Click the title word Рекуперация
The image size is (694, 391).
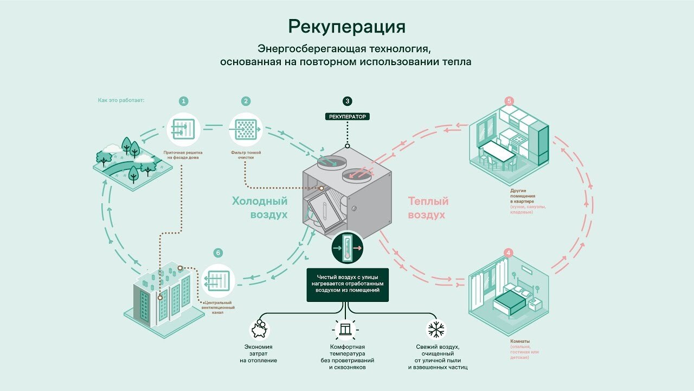click(x=346, y=27)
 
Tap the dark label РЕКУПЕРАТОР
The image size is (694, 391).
click(x=348, y=117)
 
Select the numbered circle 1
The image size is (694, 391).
click(x=184, y=101)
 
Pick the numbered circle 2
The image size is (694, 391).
click(x=246, y=101)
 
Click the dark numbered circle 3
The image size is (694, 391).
click(x=348, y=101)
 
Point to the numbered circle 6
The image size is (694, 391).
click(x=218, y=253)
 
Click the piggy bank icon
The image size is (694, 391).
click(x=259, y=330)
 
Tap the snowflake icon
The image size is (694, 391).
click(x=436, y=329)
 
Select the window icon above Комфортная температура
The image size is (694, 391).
click(x=345, y=329)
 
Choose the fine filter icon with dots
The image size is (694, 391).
click(x=246, y=129)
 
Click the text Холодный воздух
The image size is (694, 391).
click(x=260, y=207)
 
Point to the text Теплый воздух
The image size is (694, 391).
click(x=428, y=207)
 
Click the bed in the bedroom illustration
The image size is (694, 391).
click(x=510, y=300)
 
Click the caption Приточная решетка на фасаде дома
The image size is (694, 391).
click(x=183, y=155)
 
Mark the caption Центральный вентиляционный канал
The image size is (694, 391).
click(x=218, y=307)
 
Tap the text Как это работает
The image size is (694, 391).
click(x=121, y=100)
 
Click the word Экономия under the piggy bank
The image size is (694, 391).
click(x=259, y=347)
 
